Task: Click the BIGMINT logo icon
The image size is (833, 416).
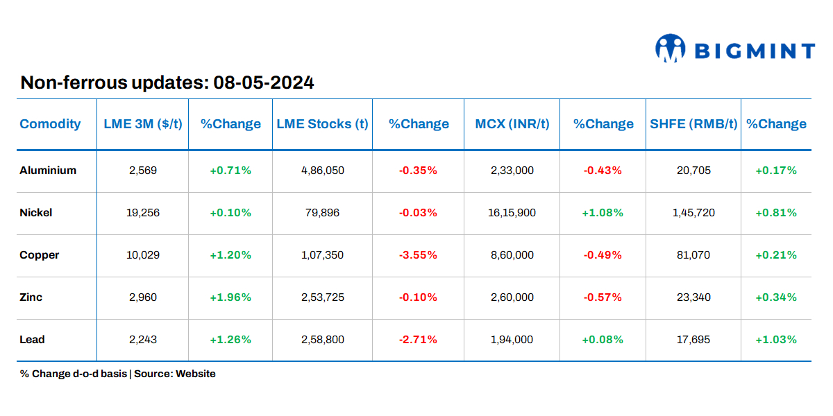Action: point(670,49)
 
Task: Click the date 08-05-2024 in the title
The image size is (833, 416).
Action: point(264,83)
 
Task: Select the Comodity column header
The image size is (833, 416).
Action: point(50,124)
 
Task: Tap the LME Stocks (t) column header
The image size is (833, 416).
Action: point(322,124)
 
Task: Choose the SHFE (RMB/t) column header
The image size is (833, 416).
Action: point(693,124)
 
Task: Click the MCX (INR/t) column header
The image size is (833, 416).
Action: point(512,124)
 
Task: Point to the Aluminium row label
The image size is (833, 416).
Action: point(48,171)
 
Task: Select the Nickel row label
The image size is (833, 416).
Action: point(36,213)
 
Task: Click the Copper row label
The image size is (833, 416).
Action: point(40,255)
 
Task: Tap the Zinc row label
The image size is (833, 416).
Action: point(31,297)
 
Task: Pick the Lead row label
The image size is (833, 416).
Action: point(32,340)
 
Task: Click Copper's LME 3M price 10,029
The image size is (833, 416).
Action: point(143,255)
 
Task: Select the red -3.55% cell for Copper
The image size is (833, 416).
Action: point(418,255)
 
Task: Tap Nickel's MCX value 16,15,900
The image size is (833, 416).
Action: point(512,213)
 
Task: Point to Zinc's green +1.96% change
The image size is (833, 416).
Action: point(230,297)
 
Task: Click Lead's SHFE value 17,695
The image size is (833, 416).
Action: point(693,340)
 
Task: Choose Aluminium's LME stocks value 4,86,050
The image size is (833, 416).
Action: point(322,171)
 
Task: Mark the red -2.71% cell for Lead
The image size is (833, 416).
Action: point(418,340)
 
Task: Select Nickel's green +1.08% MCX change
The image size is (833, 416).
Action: point(603,213)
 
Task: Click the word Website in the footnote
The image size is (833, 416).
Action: point(196,374)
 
